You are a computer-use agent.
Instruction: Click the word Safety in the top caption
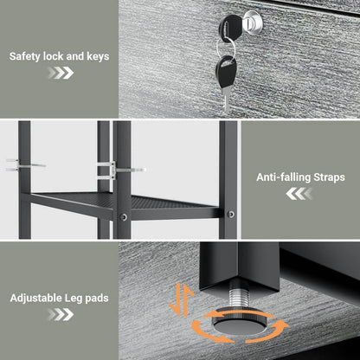click(24, 56)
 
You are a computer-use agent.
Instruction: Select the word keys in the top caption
click(98, 56)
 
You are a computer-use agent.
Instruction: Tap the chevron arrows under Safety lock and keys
click(61, 73)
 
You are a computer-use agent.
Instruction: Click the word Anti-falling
click(283, 177)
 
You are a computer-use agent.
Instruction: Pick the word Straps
click(329, 177)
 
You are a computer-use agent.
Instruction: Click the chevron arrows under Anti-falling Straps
click(299, 194)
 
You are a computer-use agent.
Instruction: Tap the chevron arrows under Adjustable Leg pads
click(61, 314)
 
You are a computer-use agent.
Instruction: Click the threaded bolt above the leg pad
click(239, 298)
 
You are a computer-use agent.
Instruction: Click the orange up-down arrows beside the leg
click(182, 299)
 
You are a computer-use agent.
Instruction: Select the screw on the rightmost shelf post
click(231, 214)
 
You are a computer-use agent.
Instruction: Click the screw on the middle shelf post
click(124, 216)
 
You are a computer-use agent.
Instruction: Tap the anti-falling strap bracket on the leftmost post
click(24, 164)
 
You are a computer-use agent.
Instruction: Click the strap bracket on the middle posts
click(120, 170)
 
